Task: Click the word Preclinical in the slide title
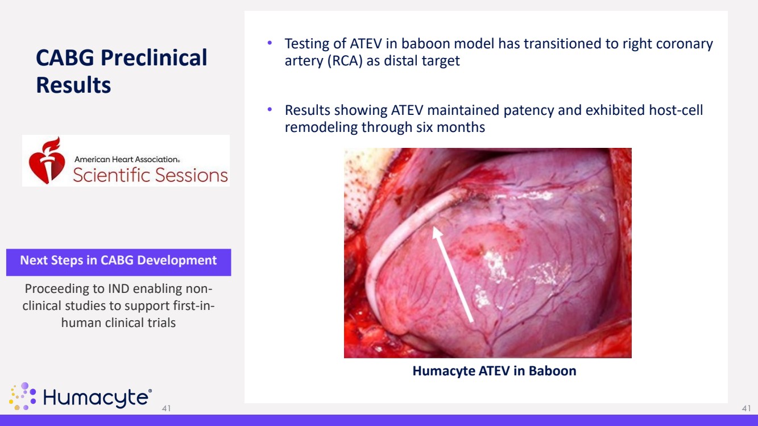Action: pyautogui.click(x=154, y=58)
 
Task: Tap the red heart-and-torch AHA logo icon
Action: pyautogui.click(x=47, y=160)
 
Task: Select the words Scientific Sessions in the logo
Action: pyautogui.click(x=150, y=175)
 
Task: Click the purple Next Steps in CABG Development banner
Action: pyautogui.click(x=118, y=262)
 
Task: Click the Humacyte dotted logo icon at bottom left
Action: pyautogui.click(x=22, y=396)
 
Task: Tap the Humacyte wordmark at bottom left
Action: pyautogui.click(x=97, y=398)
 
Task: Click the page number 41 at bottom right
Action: pyautogui.click(x=746, y=408)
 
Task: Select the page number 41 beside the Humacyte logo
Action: pyautogui.click(x=166, y=408)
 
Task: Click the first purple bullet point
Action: pyautogui.click(x=270, y=43)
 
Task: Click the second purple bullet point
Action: pyautogui.click(x=270, y=109)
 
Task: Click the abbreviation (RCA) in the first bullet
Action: pyautogui.click(x=345, y=61)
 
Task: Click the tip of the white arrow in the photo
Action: pyautogui.click(x=434, y=227)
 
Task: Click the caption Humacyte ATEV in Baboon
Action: pyautogui.click(x=494, y=371)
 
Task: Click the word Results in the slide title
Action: pyautogui.click(x=73, y=85)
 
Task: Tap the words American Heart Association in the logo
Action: pyautogui.click(x=127, y=159)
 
